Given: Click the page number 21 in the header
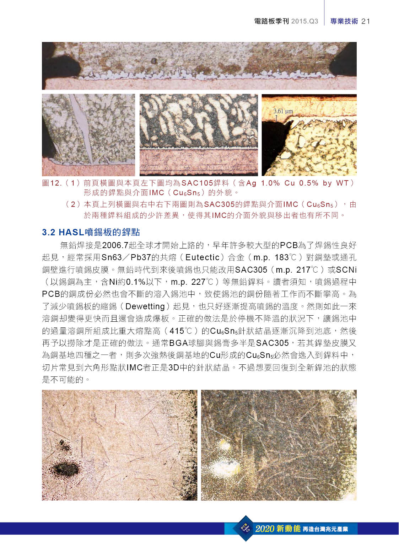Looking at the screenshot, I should (366, 21).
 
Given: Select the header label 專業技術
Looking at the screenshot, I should (344, 21).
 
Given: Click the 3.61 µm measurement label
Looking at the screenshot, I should (283, 111).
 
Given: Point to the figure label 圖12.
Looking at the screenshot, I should (52, 183).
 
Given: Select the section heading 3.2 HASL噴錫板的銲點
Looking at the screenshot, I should (91, 232).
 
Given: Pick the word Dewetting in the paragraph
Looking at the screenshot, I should (145, 306).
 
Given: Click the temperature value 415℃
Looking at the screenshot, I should (181, 331).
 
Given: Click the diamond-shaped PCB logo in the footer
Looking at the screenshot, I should (246, 528).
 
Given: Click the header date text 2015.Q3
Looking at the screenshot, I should (304, 21).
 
